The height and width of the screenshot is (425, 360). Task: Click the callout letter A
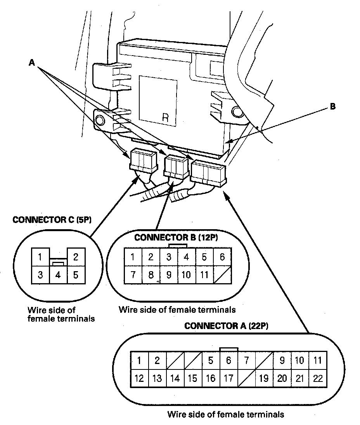31,63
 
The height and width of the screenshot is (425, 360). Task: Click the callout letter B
332,106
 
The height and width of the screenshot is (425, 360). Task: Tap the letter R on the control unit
165,117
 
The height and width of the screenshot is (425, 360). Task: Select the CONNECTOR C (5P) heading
52,219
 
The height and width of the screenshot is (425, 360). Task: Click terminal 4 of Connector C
58,275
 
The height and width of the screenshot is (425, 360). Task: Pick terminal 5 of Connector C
76,275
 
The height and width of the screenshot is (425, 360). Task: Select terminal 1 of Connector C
40,257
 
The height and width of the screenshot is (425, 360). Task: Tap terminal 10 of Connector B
186,275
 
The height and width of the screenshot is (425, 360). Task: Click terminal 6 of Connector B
222,257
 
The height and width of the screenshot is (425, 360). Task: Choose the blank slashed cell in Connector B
222,275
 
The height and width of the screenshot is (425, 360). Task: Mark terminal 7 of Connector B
133,275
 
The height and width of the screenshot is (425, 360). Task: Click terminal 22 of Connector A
318,378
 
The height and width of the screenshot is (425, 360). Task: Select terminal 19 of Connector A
264,378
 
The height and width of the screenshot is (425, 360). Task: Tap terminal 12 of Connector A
139,378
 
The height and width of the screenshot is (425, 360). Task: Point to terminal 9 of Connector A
282,360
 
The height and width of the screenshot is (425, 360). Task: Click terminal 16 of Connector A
211,378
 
